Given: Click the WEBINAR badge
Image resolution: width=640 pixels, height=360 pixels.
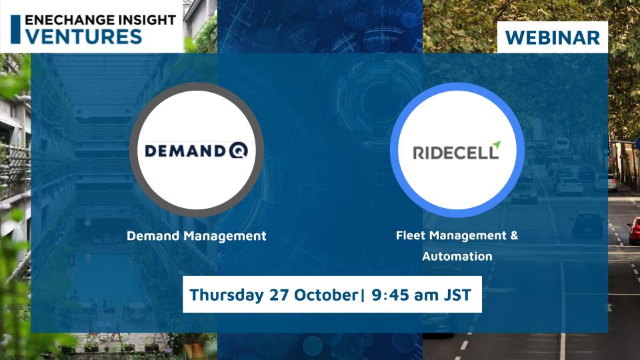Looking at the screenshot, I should pos(553,37).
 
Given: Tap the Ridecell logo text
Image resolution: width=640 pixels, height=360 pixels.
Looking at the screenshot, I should pos(455,153).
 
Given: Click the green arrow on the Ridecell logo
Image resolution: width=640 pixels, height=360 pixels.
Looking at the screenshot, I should pos(494,145).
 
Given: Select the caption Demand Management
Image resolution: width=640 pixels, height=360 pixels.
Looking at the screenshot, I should pos(196,235).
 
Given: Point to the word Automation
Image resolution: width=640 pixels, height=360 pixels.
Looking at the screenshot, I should pos(457,256).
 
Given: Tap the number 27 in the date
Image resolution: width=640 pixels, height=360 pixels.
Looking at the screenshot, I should pos(271,295).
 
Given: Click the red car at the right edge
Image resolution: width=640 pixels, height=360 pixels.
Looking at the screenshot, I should pos(634,230).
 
